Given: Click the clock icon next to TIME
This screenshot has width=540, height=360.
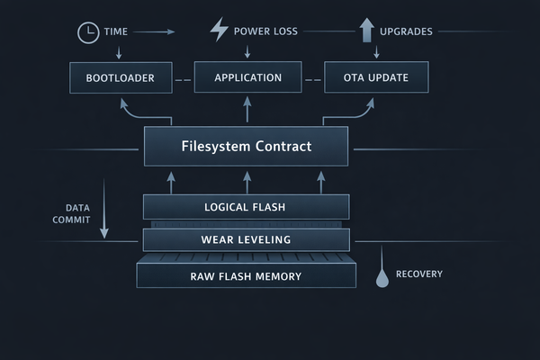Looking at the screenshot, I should (x=87, y=31).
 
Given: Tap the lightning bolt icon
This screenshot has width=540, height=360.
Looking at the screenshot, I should (x=219, y=30).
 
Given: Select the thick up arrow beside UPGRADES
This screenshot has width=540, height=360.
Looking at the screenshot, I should (x=366, y=31).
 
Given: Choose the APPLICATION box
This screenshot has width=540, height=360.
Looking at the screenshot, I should (x=247, y=78).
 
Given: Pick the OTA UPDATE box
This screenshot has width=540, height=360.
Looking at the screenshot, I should (x=376, y=78).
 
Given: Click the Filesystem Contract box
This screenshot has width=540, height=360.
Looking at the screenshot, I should (x=246, y=146).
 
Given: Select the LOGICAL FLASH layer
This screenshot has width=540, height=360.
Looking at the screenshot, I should (x=246, y=207).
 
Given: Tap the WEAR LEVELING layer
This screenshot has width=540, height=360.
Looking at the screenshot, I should (x=246, y=239).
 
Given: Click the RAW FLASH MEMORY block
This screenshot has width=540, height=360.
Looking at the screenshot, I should (x=246, y=275).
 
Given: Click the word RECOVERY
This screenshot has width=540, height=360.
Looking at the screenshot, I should (x=418, y=274).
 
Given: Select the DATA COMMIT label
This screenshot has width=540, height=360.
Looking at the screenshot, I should (x=71, y=213).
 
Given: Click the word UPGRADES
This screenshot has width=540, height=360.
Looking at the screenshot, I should (x=406, y=31).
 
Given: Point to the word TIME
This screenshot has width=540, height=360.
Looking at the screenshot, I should (x=116, y=31).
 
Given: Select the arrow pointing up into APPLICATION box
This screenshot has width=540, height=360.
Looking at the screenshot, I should (x=247, y=110).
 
